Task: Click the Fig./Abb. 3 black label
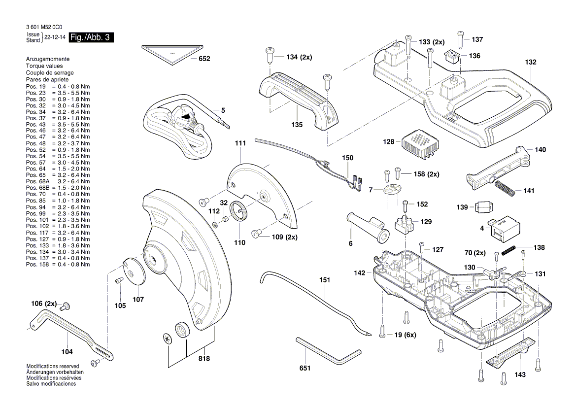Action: [x=92, y=38]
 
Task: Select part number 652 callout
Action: [x=204, y=59]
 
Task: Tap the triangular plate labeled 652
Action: [x=172, y=53]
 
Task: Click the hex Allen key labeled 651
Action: [x=325, y=351]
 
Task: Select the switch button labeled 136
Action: [x=452, y=56]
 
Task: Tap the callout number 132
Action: [x=530, y=63]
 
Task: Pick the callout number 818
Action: [x=203, y=359]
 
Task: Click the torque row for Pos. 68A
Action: [x=58, y=181]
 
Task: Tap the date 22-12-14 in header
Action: [x=54, y=37]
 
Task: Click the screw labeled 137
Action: [x=460, y=38]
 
